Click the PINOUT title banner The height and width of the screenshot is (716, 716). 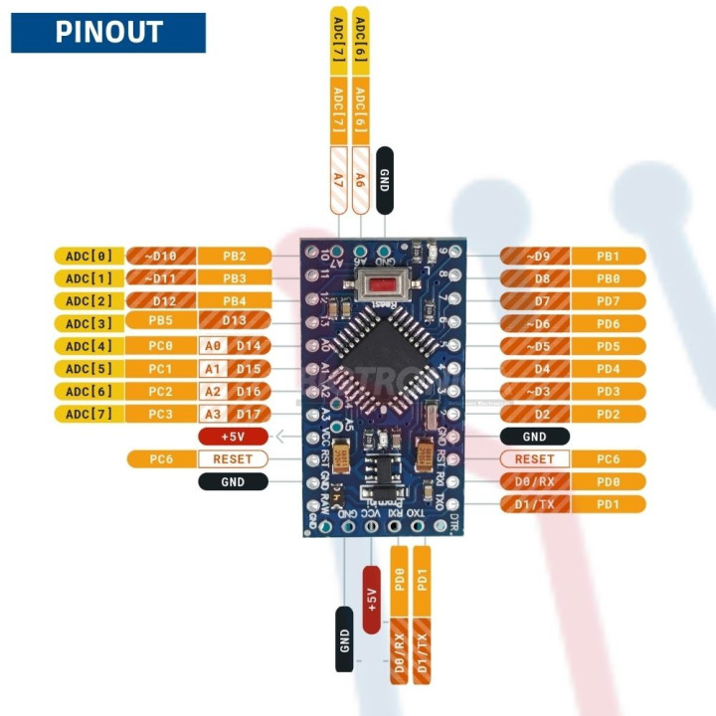pos(107,32)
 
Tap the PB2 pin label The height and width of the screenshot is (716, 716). pos(234,256)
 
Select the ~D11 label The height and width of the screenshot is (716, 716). pos(164,278)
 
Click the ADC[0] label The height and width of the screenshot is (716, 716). pos(89,256)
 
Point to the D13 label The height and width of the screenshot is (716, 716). pos(234,323)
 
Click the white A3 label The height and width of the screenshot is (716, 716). pos(212,414)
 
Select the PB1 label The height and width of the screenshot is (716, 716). pos(608,256)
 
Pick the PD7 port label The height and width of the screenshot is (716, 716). pos(608,301)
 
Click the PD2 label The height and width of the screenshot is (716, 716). pos(608,414)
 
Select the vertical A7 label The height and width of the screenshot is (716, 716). pos(338,179)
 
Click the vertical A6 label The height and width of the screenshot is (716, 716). pos(361,179)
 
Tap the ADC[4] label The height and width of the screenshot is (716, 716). pos(89,346)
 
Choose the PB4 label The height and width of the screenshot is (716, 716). pos(234,301)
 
